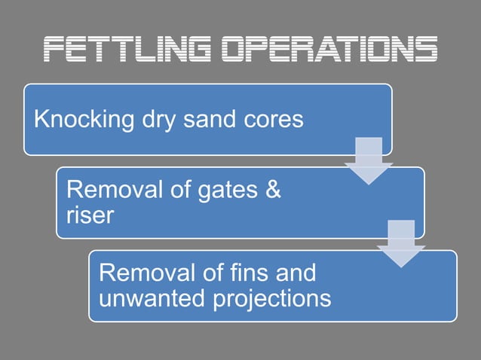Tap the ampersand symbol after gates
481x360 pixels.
coord(273,191)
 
